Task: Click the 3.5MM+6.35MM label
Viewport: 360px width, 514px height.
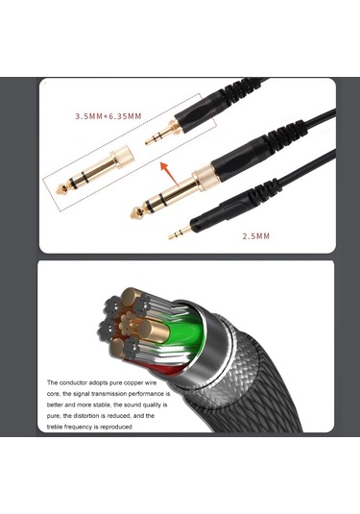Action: (108, 116)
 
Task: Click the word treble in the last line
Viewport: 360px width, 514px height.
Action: (59, 428)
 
